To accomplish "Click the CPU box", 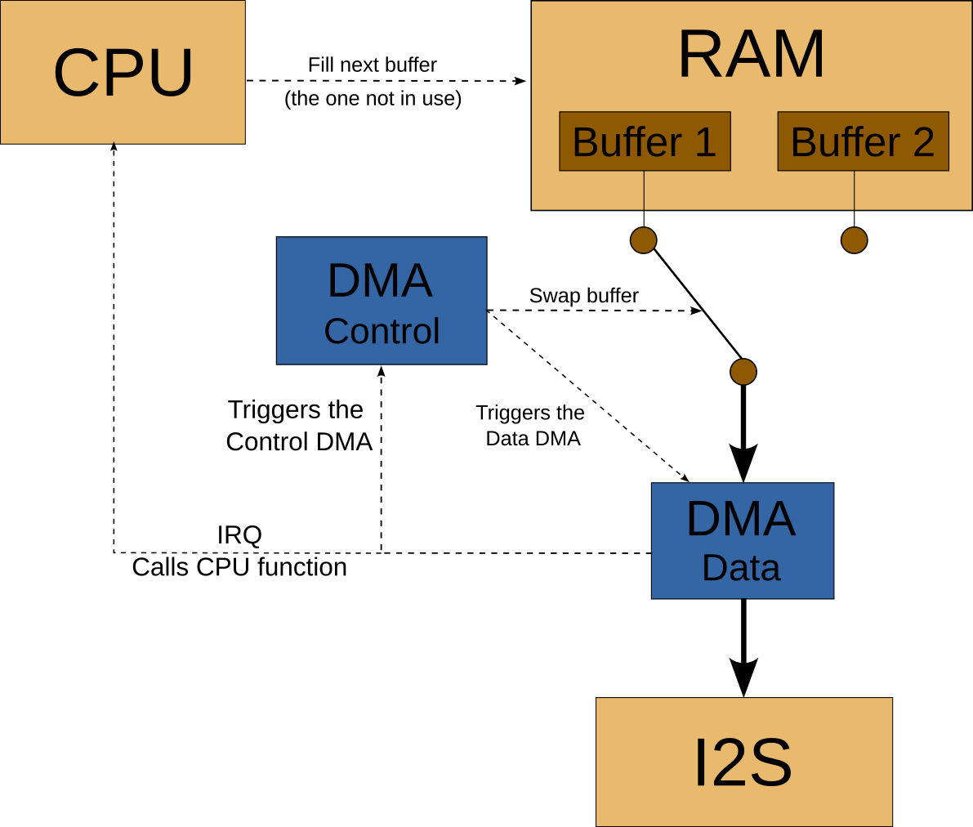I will click(x=123, y=73).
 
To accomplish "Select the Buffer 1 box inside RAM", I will click(x=645, y=141).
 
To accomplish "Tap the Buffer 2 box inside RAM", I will click(x=863, y=141).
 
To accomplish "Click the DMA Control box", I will click(x=382, y=301).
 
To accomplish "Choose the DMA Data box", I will click(x=742, y=541).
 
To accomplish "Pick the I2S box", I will click(x=743, y=762).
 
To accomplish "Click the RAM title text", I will click(x=751, y=55).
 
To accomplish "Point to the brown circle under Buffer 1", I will click(x=644, y=240).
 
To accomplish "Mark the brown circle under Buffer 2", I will click(x=854, y=240).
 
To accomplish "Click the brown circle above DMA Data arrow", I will click(x=743, y=372).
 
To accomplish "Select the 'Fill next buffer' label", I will click(x=372, y=65).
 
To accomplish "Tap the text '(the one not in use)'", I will click(x=373, y=99).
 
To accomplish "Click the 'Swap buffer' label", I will click(x=583, y=296).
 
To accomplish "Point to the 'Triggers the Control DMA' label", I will click(x=298, y=426).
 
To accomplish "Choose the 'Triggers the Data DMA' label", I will click(x=531, y=426).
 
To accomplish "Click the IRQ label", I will click(x=239, y=535).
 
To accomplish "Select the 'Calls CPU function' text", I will click(x=239, y=567).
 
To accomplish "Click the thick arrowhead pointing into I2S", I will click(x=743, y=677).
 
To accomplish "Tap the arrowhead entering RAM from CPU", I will click(x=520, y=81).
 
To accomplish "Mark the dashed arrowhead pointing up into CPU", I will click(x=114, y=149).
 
